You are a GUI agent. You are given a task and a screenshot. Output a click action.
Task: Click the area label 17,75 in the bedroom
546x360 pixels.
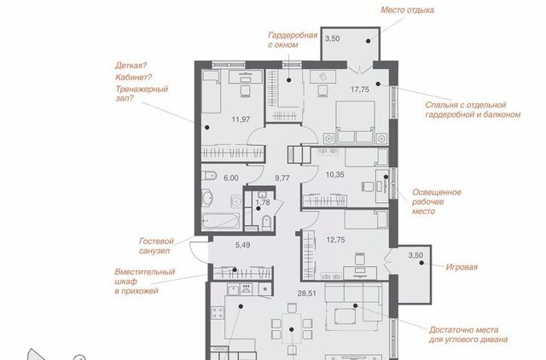[360, 90]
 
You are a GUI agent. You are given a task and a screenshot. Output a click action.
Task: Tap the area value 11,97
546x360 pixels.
[241, 119]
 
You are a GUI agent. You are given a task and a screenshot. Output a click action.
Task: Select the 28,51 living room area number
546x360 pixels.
[307, 293]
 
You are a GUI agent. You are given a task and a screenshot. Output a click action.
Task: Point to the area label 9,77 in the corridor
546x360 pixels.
[282, 178]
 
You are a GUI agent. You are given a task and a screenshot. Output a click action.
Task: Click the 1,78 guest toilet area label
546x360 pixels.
[263, 202]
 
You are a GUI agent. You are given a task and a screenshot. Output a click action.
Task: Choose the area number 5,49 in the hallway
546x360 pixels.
[242, 245]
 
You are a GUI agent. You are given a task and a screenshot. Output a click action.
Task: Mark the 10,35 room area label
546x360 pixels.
[334, 175]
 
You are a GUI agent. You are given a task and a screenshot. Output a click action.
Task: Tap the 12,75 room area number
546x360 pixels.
[335, 240]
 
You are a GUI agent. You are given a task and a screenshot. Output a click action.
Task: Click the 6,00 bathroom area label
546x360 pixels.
[231, 178]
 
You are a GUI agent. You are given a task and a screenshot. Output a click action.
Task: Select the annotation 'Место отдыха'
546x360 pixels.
[408, 9]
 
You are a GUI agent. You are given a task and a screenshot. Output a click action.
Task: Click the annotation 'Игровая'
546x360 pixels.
[462, 267]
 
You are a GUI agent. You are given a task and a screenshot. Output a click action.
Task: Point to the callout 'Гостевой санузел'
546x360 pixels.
[156, 246]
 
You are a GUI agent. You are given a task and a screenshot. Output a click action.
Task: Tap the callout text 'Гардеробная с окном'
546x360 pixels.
[293, 40]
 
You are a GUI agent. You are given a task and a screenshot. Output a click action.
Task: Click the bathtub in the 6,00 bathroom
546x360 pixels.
[221, 221]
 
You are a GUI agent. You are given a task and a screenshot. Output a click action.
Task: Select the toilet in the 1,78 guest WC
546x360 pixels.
[266, 222]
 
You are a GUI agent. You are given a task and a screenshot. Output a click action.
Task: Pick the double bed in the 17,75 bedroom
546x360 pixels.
[355, 121]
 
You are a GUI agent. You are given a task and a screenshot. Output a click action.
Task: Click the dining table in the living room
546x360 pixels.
[292, 329]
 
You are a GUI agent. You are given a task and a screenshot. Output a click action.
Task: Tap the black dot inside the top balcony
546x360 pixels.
[368, 41]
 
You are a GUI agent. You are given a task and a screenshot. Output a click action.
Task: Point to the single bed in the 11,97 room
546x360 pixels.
[212, 91]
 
